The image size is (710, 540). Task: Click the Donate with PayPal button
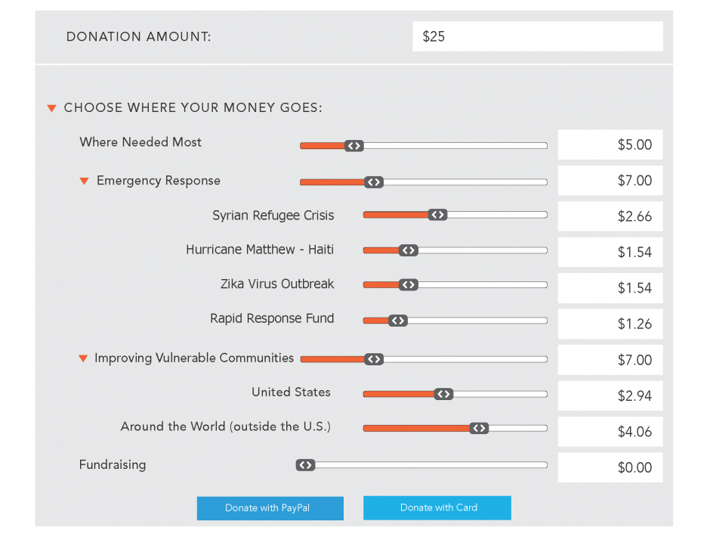pyautogui.click(x=270, y=508)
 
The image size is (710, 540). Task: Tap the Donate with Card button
pyautogui.click(x=437, y=507)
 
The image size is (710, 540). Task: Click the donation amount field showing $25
pyautogui.click(x=537, y=36)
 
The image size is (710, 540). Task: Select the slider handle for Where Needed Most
pyautogui.click(x=354, y=146)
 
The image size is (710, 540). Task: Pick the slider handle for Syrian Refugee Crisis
pyautogui.click(x=437, y=215)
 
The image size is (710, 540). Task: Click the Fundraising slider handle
pyautogui.click(x=305, y=465)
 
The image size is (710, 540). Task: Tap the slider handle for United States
pyautogui.click(x=443, y=394)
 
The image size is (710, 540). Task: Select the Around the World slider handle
pyautogui.click(x=479, y=428)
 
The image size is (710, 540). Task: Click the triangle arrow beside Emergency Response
pyautogui.click(x=84, y=182)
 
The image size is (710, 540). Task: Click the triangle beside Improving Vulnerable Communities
pyautogui.click(x=84, y=358)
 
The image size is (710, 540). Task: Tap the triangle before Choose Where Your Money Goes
pyautogui.click(x=52, y=108)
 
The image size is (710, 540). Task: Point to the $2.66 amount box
pyautogui.click(x=610, y=216)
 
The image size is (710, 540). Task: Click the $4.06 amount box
pyautogui.click(x=610, y=432)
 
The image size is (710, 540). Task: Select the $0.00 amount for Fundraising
pyautogui.click(x=610, y=467)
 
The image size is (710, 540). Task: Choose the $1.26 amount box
pyautogui.click(x=610, y=324)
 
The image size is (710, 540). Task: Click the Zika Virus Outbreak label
pyautogui.click(x=277, y=284)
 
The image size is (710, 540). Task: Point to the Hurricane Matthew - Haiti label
pyautogui.click(x=260, y=250)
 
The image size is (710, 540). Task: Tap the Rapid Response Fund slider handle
pyautogui.click(x=398, y=321)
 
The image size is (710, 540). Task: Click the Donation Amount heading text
pyautogui.click(x=139, y=36)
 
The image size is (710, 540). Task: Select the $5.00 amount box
pyautogui.click(x=610, y=144)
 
